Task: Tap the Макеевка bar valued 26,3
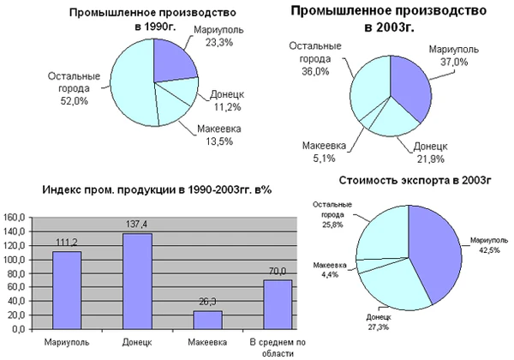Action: point(207,320)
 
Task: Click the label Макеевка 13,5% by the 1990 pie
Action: point(219,135)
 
